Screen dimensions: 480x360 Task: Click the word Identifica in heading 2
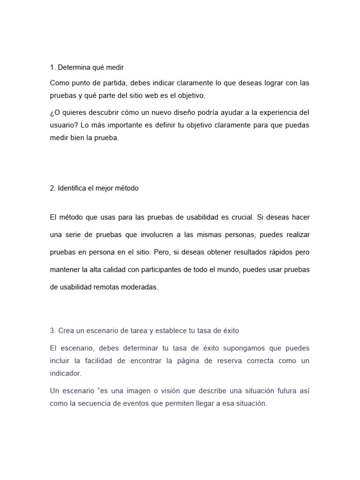(x=74, y=188)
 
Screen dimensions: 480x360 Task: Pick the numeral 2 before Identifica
(x=52, y=188)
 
